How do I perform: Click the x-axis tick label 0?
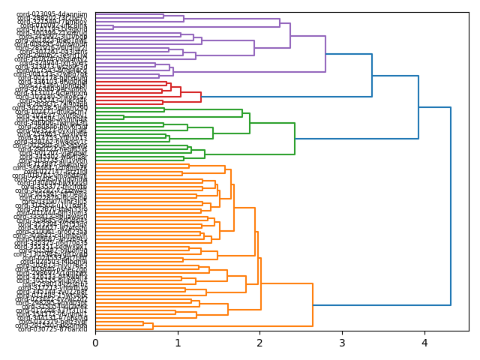point(95,343)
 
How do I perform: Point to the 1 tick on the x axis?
point(178,343)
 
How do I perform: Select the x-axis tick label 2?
point(259,343)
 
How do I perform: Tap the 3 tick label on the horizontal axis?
point(342,343)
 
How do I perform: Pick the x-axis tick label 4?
point(424,343)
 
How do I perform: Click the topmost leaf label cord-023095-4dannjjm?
point(52,14)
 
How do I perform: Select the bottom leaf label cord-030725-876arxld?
point(52,329)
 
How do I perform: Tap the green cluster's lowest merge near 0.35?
point(124,117)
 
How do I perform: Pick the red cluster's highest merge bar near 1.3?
point(201,97)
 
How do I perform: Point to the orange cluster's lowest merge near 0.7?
point(153,325)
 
